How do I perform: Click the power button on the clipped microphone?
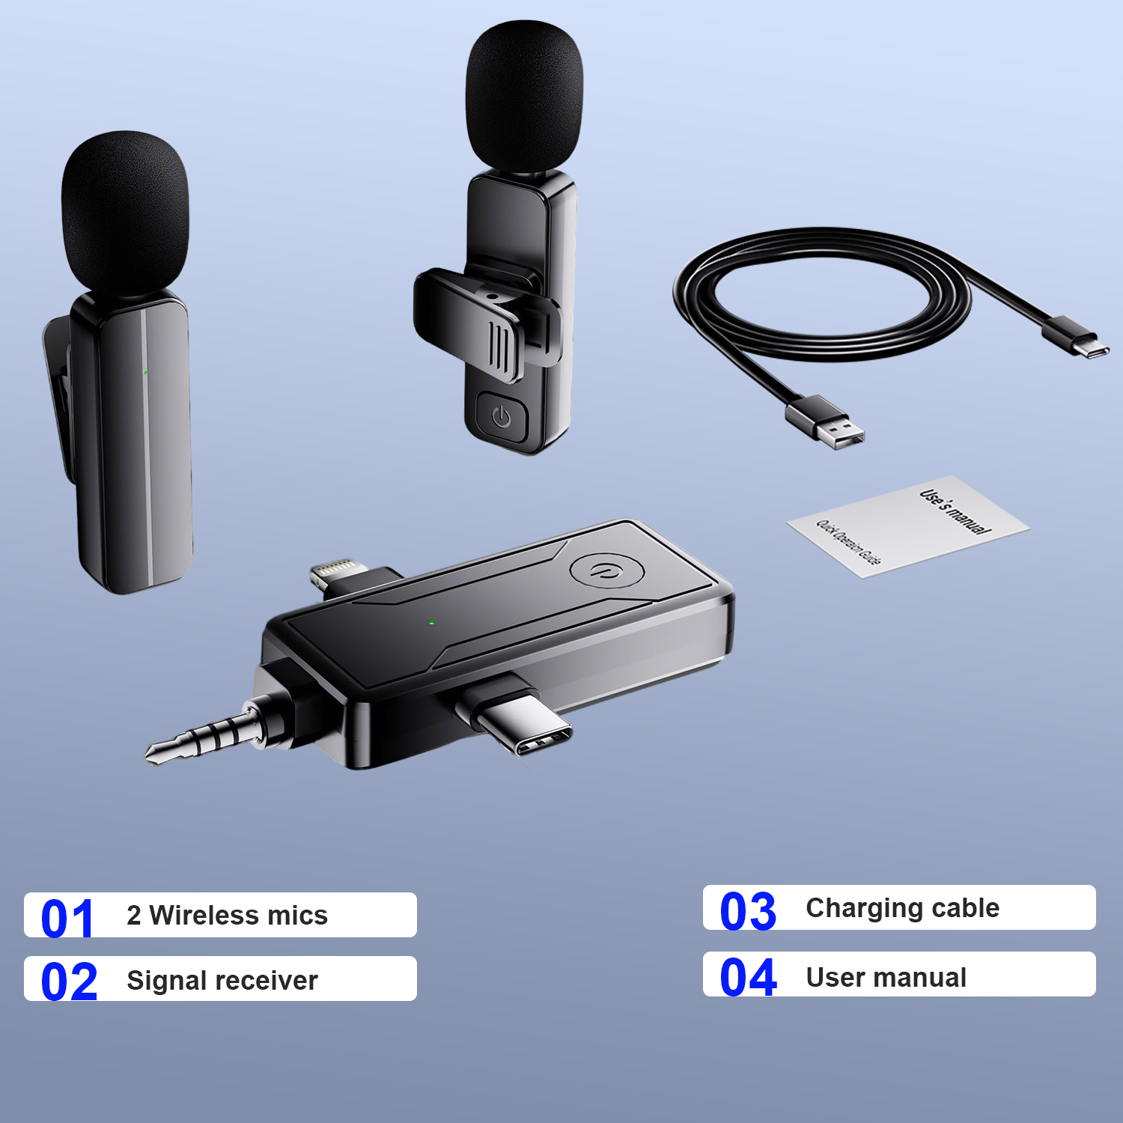502,417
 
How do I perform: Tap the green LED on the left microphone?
145,372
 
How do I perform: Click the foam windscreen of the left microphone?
125,213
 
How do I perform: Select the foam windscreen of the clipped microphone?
523,96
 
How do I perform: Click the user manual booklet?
908,526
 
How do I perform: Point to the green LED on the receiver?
431,622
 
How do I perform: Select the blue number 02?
69,982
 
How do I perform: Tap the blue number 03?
748,911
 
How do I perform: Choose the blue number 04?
749,977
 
